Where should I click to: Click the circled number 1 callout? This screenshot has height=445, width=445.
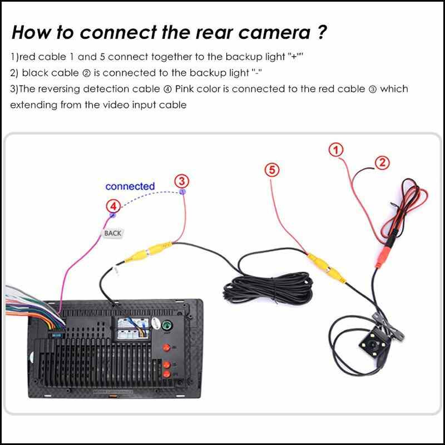point(335,149)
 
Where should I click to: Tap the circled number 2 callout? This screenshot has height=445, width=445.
point(382,162)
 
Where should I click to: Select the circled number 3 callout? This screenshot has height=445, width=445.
point(182,181)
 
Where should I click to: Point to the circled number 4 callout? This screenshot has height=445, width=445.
point(113,207)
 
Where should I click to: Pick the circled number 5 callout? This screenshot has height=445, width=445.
point(271,170)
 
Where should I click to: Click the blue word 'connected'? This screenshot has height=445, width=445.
point(130,186)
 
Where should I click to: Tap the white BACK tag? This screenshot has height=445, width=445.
point(113,234)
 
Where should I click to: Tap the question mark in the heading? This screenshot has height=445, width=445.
point(322,32)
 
